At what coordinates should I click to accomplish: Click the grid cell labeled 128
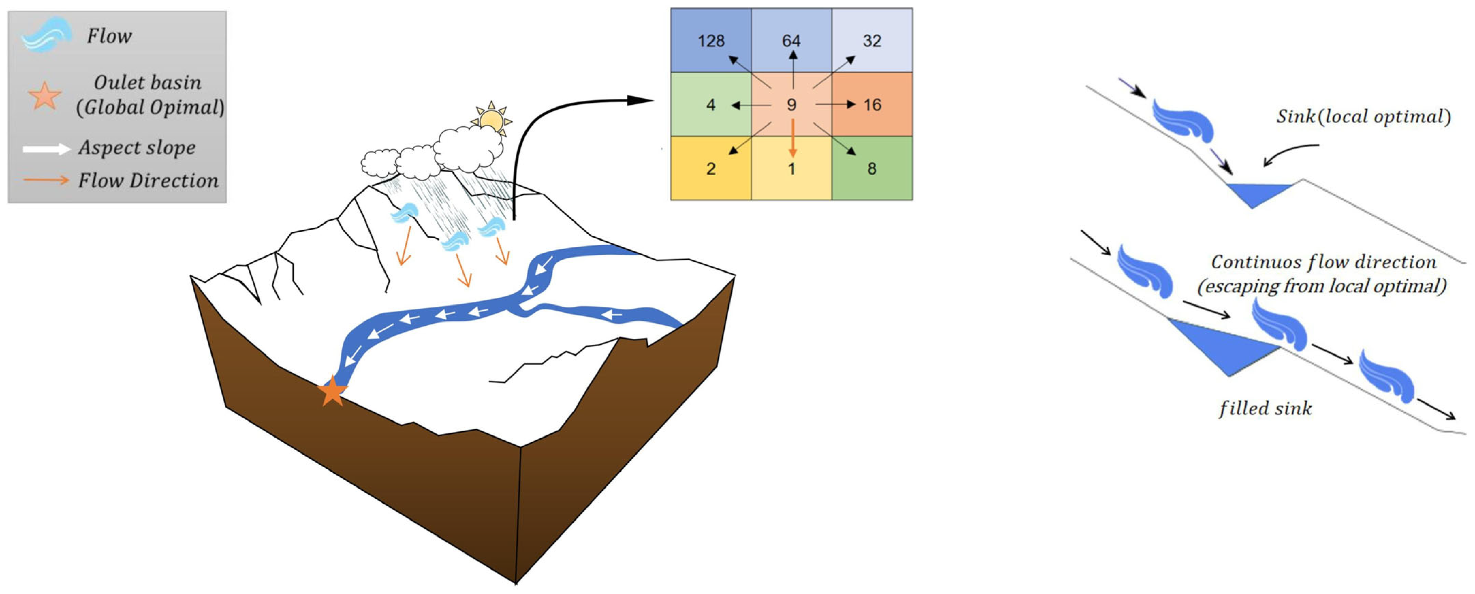710,40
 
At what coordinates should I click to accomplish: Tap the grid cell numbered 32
872,40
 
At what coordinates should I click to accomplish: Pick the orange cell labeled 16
872,104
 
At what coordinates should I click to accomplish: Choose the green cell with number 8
872,168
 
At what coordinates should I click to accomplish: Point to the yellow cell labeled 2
710,168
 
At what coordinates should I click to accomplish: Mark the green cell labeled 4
710,104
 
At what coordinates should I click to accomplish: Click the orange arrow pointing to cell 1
793,137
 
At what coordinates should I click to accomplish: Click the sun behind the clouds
491,119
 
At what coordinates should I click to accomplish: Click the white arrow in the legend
46,149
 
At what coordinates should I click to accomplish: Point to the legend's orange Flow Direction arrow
46,180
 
